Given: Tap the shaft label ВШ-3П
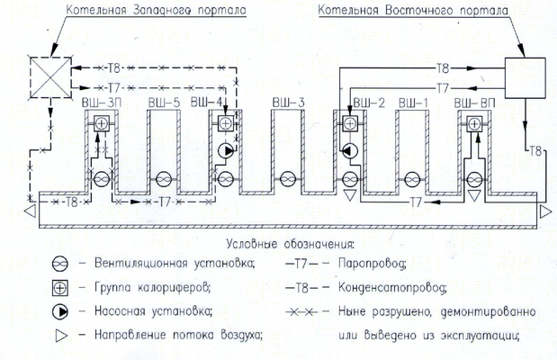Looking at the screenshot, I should (98, 103).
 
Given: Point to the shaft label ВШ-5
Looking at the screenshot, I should (163, 103).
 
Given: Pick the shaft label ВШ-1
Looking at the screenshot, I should (413, 103).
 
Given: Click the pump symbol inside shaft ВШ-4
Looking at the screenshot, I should (225, 149).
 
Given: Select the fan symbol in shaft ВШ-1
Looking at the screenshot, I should (412, 177).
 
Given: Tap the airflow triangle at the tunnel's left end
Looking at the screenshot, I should (31, 212).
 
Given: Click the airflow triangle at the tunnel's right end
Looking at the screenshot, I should (544, 212).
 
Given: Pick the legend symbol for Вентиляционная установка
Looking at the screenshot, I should (58, 265).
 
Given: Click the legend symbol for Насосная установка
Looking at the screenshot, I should (58, 312).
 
